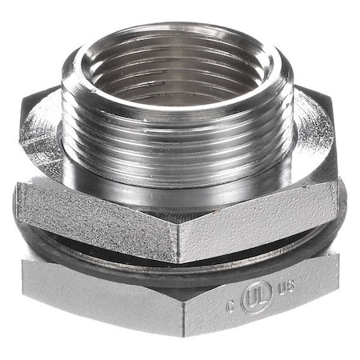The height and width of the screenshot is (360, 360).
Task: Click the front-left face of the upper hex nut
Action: pos(96,220)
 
